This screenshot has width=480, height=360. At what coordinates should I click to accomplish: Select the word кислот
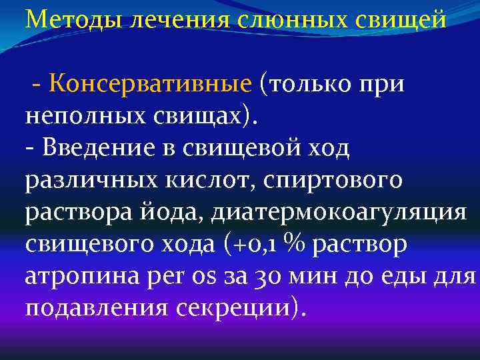187,181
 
